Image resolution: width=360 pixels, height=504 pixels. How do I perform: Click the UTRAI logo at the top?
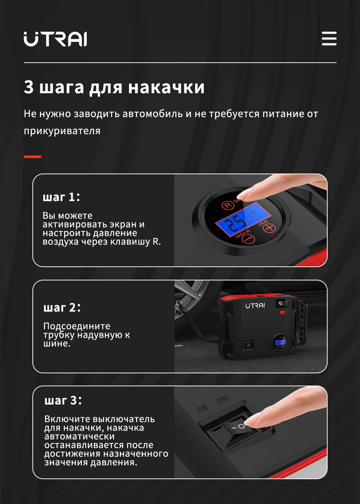[55, 39]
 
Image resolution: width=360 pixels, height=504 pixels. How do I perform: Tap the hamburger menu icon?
[329, 39]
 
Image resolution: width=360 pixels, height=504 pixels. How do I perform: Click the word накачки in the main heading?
[166, 87]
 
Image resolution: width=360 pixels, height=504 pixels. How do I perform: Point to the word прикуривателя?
[62, 131]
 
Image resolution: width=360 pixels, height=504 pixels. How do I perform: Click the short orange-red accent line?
[33, 157]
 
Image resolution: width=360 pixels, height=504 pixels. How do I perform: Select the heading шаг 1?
[61, 197]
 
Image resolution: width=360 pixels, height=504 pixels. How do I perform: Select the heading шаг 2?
[62, 307]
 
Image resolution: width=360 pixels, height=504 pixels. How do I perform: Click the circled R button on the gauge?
[228, 205]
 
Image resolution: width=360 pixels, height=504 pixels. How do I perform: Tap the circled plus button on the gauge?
[269, 228]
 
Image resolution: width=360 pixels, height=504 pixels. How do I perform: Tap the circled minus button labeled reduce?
[248, 239]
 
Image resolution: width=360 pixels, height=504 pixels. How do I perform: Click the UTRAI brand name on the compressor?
[255, 306]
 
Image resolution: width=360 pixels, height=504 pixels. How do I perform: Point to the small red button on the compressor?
[282, 312]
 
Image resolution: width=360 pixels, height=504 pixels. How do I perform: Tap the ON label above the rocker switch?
[202, 409]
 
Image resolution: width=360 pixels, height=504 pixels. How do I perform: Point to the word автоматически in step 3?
[80, 437]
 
